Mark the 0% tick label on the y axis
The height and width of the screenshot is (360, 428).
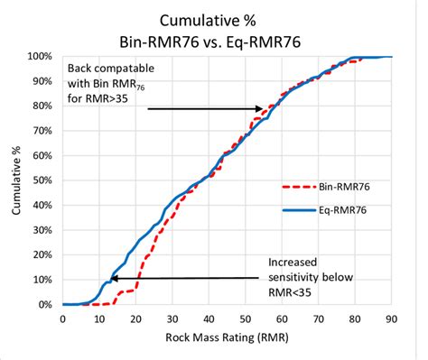[46, 305]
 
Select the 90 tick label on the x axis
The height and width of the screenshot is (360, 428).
[391, 318]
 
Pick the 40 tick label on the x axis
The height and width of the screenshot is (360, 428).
[209, 318]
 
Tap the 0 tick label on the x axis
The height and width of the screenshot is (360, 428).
[62, 318]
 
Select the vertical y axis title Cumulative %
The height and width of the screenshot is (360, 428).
[16, 180]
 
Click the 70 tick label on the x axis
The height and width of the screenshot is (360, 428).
[318, 318]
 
